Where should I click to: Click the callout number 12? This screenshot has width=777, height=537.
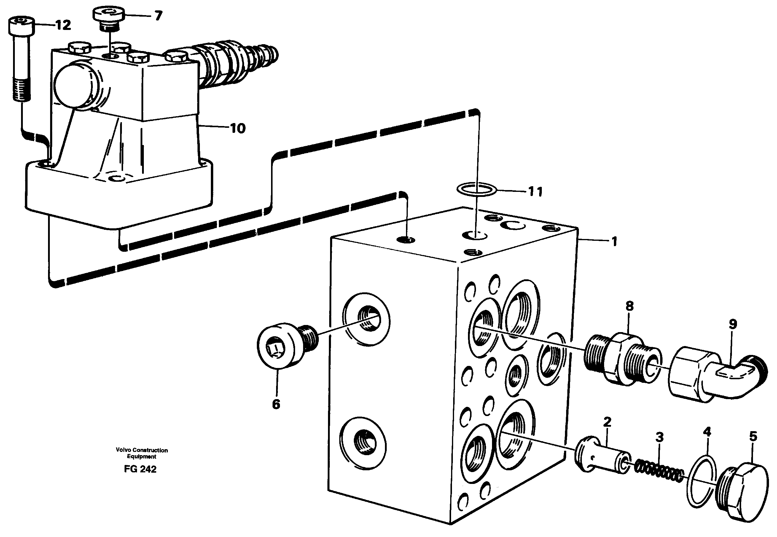pyautogui.click(x=63, y=25)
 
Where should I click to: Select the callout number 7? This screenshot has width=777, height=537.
pyautogui.click(x=158, y=15)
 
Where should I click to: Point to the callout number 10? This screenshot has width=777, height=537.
pyautogui.click(x=238, y=128)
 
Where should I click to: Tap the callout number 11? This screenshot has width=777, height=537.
pyautogui.click(x=535, y=192)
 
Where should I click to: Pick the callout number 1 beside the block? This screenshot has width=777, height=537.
pyautogui.click(x=614, y=241)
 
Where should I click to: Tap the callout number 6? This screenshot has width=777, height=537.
pyautogui.click(x=276, y=404)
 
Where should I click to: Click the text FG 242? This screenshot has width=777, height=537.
pyautogui.click(x=140, y=469)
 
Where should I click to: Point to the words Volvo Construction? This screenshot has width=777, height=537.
pyautogui.click(x=142, y=450)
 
